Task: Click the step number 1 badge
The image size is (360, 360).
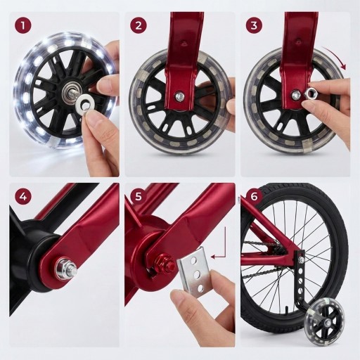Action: [x=23, y=25]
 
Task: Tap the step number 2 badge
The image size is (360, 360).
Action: [x=139, y=25]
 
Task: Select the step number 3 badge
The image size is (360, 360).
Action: [x=254, y=25]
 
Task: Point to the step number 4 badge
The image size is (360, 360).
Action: [x=23, y=196]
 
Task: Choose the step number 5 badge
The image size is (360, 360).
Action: [x=139, y=196]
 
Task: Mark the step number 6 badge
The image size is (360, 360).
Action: [x=254, y=196]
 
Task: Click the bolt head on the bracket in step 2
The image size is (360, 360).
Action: [x=179, y=96]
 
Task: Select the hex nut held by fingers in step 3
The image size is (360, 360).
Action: [x=310, y=94]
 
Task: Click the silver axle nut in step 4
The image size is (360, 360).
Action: [x=65, y=268]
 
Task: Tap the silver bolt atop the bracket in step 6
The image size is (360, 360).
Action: [x=302, y=259]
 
